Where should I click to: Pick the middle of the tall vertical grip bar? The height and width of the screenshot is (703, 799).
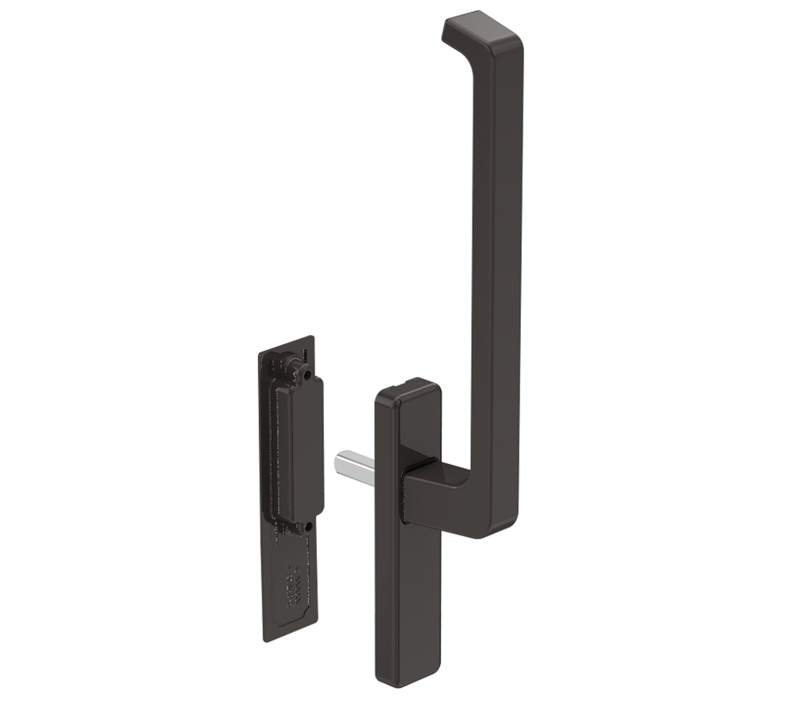495,278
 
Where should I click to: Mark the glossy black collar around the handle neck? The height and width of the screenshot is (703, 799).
407,496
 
